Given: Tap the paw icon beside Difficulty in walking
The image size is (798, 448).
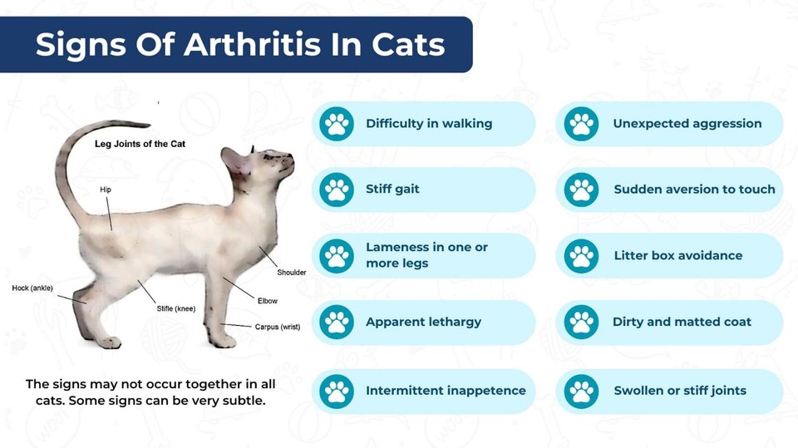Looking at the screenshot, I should click(337, 124).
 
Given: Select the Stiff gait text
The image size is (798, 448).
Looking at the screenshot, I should click(392, 190).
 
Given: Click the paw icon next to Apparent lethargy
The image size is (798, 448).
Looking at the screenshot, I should click(337, 322).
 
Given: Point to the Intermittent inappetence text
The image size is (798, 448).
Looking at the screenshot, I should click(446, 391).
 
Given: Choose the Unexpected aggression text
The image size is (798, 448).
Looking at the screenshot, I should click(687, 124).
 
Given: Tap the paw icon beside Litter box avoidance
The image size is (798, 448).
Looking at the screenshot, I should click(581, 255).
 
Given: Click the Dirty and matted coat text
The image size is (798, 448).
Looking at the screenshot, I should click(682, 322).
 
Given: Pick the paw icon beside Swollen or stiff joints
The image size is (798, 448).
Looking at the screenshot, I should click(581, 391).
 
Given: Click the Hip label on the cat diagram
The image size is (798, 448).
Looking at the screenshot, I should click(106, 190).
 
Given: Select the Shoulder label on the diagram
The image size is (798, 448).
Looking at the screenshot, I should click(292, 273).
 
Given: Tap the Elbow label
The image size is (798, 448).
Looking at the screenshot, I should click(268, 301).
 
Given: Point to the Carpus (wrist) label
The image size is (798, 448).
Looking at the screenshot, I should click(278, 327).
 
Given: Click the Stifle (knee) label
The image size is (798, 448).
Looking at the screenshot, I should click(176, 309).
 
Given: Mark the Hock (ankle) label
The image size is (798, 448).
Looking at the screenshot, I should click(32, 288).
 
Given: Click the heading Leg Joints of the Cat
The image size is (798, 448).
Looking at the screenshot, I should click(140, 144).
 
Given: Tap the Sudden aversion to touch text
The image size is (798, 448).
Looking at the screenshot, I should click(694, 190).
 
